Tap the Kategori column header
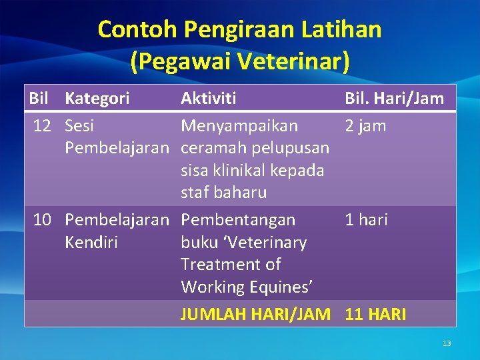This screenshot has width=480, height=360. [97, 99]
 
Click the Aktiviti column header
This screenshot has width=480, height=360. [208, 99]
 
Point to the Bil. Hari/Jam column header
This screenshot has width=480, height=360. [394, 99]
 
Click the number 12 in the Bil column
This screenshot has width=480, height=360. [43, 126]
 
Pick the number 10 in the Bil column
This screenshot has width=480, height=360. [43, 219]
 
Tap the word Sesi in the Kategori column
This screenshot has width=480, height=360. [79, 126]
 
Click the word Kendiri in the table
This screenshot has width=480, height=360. [91, 242]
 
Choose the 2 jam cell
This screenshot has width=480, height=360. [365, 126]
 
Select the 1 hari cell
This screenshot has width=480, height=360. [366, 219]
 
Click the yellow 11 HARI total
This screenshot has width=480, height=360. [375, 314]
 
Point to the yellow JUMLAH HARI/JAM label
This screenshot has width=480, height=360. [255, 314]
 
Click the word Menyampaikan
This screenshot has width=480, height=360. [239, 126]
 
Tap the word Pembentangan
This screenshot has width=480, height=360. [238, 219]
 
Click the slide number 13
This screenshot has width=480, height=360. [447, 343]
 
